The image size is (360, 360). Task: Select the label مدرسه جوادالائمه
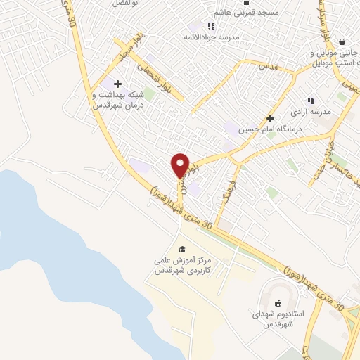[212, 36]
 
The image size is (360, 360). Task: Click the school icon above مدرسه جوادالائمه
[212, 26]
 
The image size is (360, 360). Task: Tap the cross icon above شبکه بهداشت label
[117, 84]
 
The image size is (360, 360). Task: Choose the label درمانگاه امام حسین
[271, 129]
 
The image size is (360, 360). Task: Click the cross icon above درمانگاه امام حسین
[270, 118]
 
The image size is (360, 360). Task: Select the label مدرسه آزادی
[310, 111]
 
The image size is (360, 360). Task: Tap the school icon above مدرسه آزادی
[310, 101]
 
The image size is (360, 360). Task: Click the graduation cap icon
[182, 250]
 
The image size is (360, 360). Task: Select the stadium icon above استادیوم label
[278, 303]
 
